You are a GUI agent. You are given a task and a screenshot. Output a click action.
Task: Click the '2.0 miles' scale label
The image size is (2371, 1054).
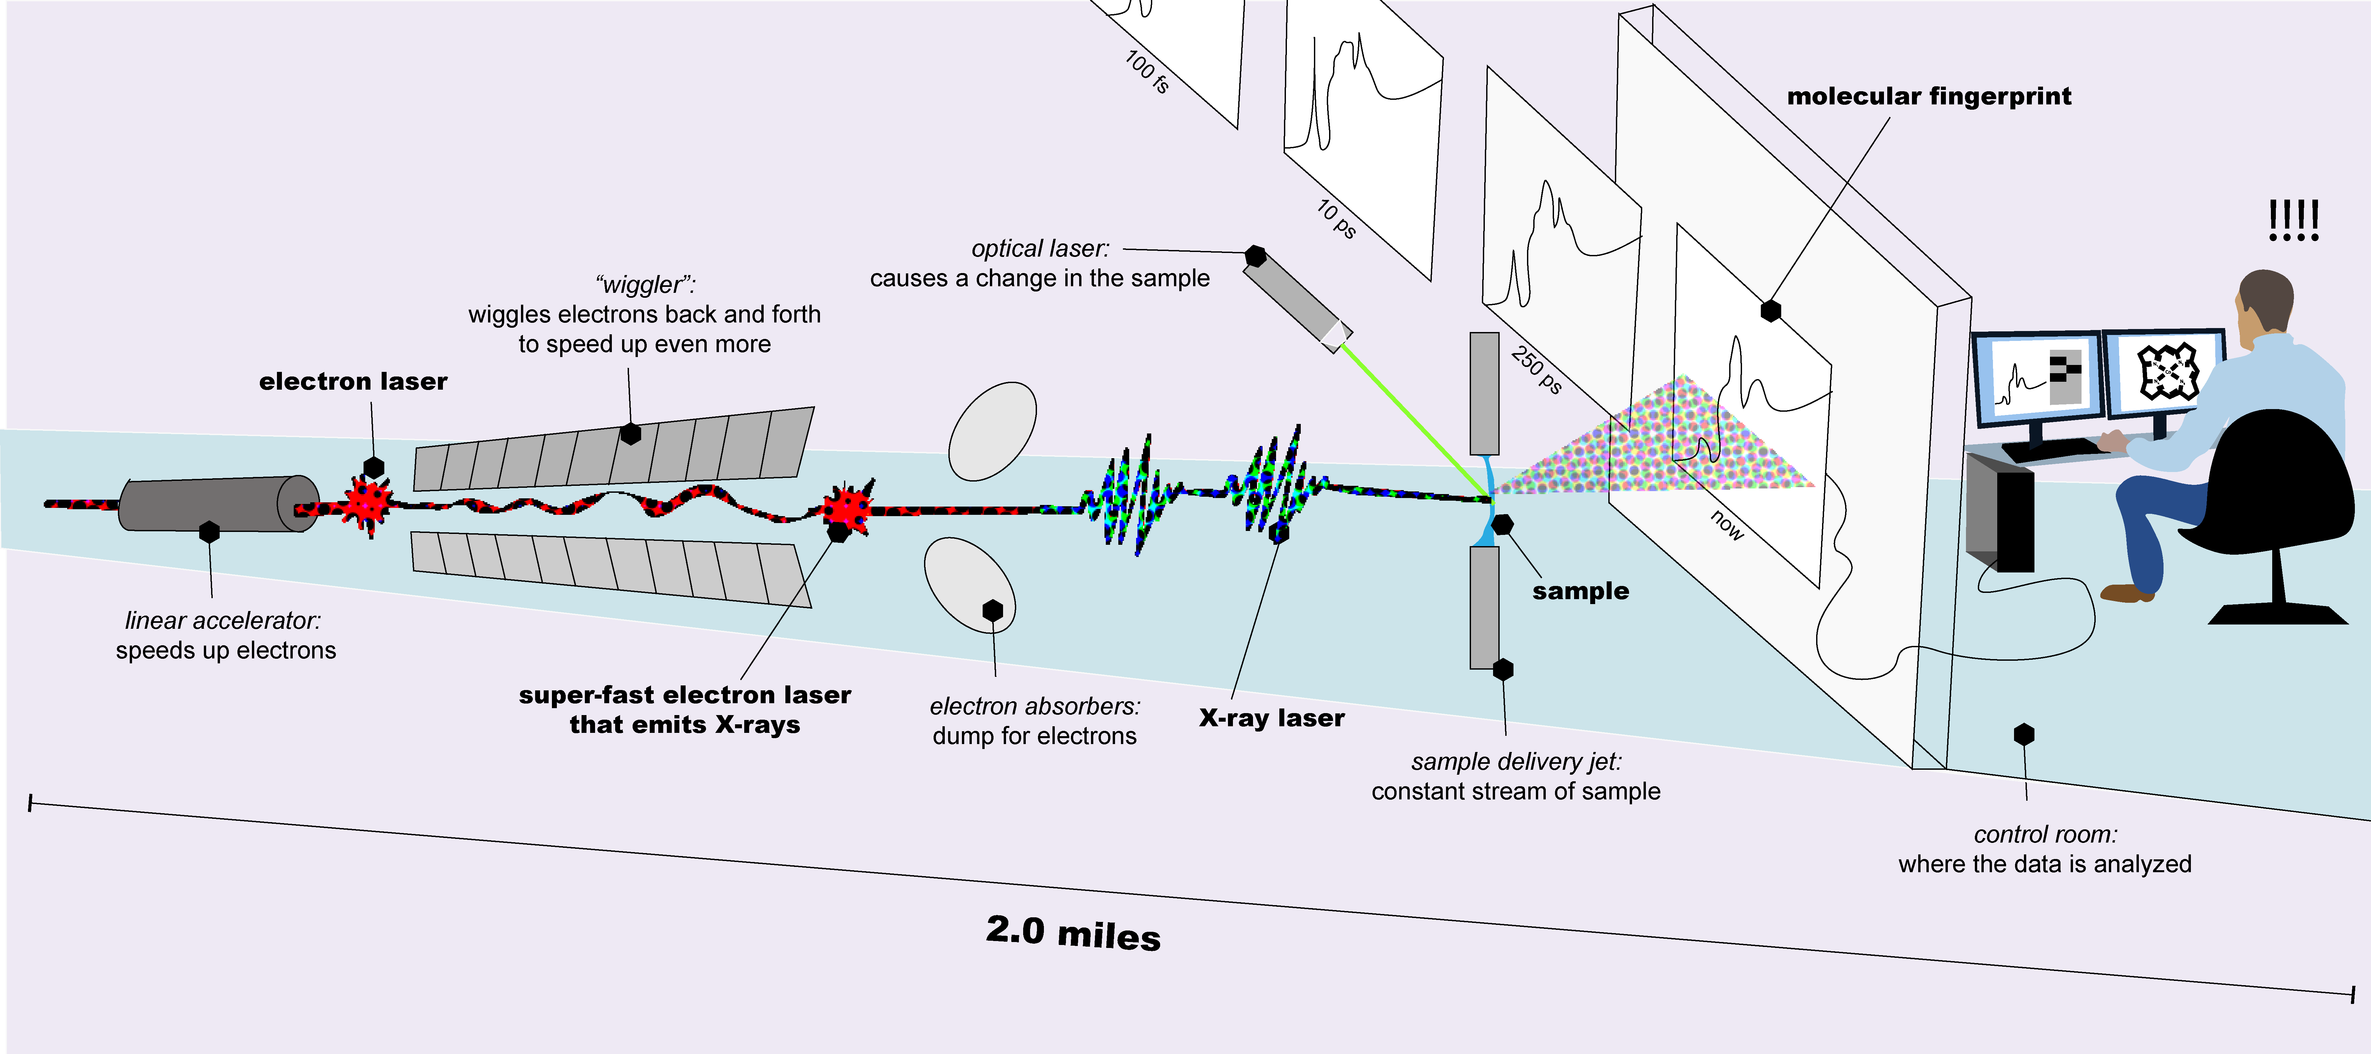tap(1073, 932)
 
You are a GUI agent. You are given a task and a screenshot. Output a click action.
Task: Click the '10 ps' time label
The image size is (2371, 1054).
tap(1336, 219)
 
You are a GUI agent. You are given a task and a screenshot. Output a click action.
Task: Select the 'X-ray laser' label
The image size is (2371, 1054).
tap(1271, 718)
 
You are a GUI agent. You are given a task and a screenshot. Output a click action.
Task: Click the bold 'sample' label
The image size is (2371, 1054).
tap(1580, 591)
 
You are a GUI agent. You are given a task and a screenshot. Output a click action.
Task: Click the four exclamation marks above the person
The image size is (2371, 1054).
tap(2294, 221)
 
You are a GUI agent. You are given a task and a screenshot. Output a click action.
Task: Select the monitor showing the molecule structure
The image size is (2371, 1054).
tap(2165, 373)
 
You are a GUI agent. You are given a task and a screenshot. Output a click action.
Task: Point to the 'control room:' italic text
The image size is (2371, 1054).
tap(2045, 834)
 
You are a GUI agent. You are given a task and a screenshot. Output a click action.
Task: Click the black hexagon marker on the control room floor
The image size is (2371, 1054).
tap(2023, 735)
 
